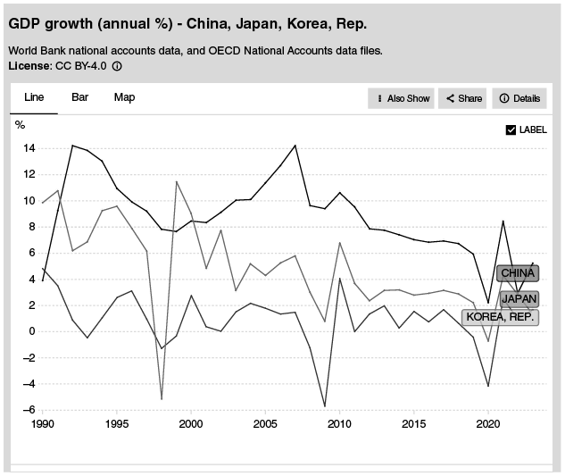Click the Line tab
(34, 97)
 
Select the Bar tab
(79, 97)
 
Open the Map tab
(124, 97)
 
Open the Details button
(519, 98)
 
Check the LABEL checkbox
(511, 129)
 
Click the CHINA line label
(518, 273)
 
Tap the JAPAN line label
(519, 299)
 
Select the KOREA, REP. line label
(501, 317)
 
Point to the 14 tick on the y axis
(29, 148)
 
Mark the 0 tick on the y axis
(31, 331)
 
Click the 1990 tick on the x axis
(42, 425)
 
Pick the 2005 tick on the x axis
(265, 425)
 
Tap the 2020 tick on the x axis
(487, 425)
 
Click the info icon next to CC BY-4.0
(116, 66)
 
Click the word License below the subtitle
(29, 66)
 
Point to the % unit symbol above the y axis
(20, 125)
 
